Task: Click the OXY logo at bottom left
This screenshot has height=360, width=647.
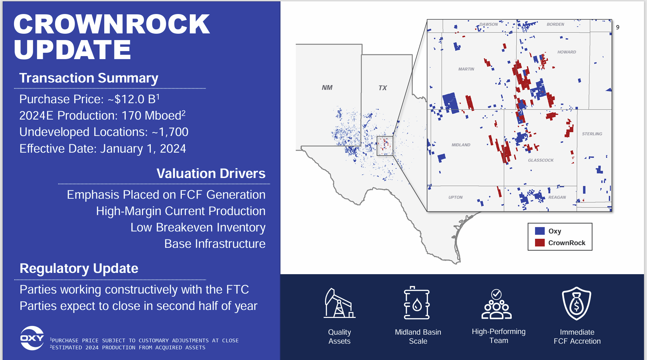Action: point(32,338)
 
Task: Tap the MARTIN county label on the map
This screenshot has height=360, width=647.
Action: point(466,69)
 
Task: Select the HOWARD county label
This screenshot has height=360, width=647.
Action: point(566,52)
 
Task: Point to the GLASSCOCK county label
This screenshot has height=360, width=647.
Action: point(540,160)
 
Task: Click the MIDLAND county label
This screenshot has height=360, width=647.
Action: point(461,145)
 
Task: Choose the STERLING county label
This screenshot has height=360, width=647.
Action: point(592,134)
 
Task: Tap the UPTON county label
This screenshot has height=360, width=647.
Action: point(455,197)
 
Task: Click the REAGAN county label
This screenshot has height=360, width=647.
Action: point(557,197)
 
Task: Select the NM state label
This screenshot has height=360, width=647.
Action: point(327,87)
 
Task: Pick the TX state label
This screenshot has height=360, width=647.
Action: point(382,88)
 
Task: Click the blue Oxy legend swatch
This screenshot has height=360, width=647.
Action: point(540,231)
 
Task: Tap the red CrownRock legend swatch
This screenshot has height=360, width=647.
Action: point(540,243)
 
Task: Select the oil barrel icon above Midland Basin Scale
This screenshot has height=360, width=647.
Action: point(417,303)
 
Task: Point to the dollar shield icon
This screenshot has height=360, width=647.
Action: point(576,303)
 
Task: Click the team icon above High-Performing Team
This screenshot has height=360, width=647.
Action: point(497,304)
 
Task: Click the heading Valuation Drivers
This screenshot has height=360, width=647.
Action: point(211,174)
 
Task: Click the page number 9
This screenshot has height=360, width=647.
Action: point(618,27)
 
